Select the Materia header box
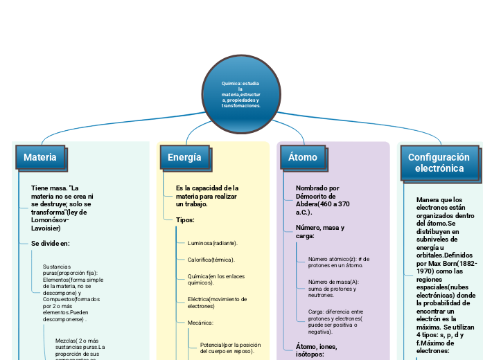coord(40,158)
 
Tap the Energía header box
coord(184,158)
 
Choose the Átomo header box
coord(303,158)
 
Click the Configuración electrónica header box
coord(438,163)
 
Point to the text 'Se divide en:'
coord(51,244)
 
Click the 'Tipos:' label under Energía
coord(185,220)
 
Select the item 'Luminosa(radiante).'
coord(212,244)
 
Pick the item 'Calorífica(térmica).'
coord(211,260)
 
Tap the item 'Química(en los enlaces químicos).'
coord(215,280)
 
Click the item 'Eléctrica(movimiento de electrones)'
coord(217,303)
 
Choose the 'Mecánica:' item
coord(201,323)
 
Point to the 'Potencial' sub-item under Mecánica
coord(230,348)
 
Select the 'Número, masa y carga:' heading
coord(320,232)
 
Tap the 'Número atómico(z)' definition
coord(339,262)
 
